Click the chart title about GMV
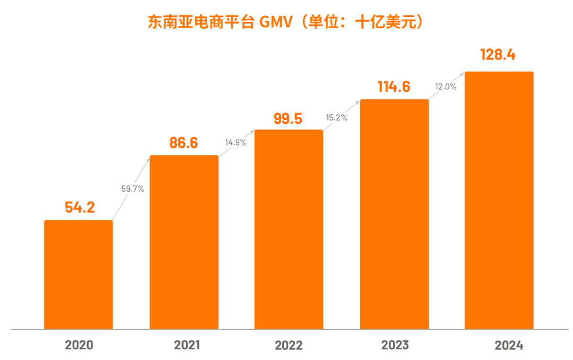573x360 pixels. click(286, 22)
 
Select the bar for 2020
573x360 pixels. click(79, 275)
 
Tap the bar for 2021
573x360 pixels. click(184, 242)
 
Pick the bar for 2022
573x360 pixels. click(289, 229)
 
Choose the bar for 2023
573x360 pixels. click(394, 214)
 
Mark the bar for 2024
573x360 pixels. click(499, 200)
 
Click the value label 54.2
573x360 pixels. click(80, 208)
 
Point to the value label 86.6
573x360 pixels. click(184, 143)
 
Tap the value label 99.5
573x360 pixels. click(288, 118)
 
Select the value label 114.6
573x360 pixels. click(394, 87)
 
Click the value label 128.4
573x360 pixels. click(498, 55)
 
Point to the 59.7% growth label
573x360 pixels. click(133, 188)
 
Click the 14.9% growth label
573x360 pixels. click(236, 142)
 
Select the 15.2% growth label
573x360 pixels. click(337, 118)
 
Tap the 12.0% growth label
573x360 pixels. click(446, 87)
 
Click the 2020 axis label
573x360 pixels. click(79, 345)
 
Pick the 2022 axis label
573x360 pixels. click(289, 346)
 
